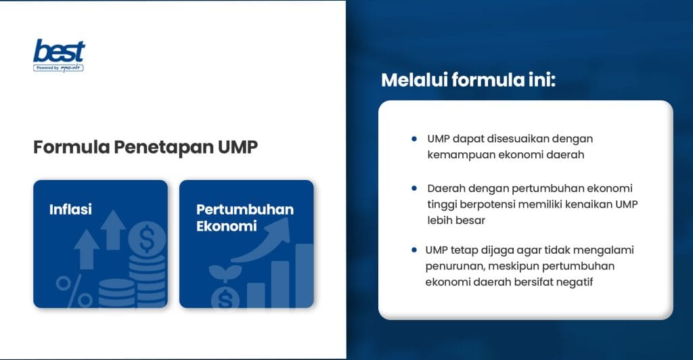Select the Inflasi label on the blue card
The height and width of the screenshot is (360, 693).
coord(70,210)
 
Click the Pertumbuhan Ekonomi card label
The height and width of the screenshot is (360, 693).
coord(244,217)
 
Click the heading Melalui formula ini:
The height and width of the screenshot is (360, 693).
coord(468,80)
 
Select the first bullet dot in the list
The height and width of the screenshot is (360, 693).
coord(414,138)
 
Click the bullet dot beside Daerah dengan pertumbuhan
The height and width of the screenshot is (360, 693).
coord(414,187)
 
